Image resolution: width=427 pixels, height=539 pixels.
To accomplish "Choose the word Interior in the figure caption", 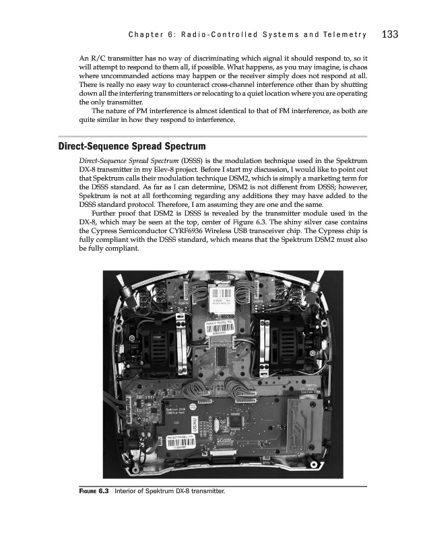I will click(x=128, y=491).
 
